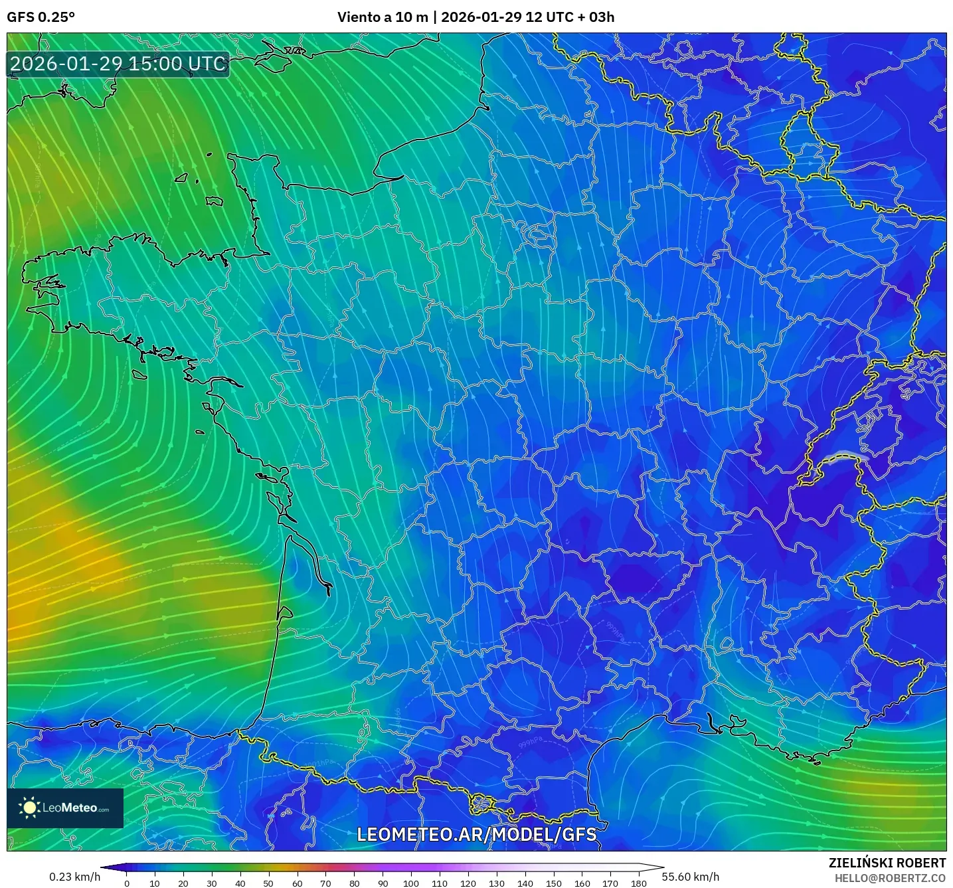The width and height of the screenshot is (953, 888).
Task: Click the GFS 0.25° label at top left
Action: [41, 17]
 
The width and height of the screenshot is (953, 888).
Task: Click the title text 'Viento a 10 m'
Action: [383, 17]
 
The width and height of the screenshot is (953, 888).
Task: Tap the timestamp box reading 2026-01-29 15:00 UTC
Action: [118, 64]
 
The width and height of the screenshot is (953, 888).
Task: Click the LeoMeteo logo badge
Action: [65, 808]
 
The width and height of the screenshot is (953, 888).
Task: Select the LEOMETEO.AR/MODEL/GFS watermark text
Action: [476, 834]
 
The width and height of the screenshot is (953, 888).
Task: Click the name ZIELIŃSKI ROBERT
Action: [887, 863]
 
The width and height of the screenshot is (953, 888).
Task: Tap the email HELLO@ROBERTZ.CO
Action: [889, 878]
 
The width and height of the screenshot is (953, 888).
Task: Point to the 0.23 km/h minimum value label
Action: [74, 877]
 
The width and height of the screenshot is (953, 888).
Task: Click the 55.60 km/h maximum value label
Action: [690, 877]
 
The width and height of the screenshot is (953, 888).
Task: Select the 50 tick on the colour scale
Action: [268, 883]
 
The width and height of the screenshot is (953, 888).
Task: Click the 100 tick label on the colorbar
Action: [411, 883]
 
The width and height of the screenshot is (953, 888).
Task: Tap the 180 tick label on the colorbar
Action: [639, 883]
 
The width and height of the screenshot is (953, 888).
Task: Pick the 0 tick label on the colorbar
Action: [127, 883]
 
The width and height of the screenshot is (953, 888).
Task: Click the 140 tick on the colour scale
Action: [525, 883]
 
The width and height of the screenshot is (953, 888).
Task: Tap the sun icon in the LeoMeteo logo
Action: [30, 808]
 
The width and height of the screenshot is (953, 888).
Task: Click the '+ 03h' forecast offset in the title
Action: [596, 17]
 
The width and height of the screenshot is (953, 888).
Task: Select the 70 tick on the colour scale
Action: [325, 883]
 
